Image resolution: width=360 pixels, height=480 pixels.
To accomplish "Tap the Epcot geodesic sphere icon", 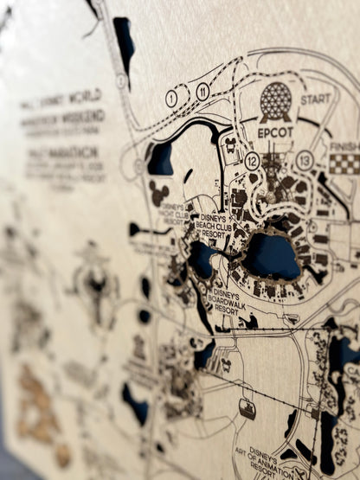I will click(276, 103).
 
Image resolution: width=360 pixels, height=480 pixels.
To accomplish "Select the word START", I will click(316, 99).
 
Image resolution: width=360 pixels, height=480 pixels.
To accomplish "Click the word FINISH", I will click(344, 147).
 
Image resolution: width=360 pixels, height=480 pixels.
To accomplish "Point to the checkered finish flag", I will click(344, 164).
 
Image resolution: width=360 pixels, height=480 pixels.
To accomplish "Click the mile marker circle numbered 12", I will click(253, 161).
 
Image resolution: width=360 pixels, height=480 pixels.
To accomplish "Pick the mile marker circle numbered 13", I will click(304, 160).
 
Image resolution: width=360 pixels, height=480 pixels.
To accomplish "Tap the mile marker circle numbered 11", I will click(202, 91).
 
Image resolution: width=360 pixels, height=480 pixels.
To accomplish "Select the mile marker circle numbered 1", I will click(171, 99).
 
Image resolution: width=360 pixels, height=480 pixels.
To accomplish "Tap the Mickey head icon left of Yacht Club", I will click(158, 193).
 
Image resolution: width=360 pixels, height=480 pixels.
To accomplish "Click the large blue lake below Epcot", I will click(272, 256).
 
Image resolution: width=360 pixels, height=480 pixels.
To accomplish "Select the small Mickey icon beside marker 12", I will click(231, 144).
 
